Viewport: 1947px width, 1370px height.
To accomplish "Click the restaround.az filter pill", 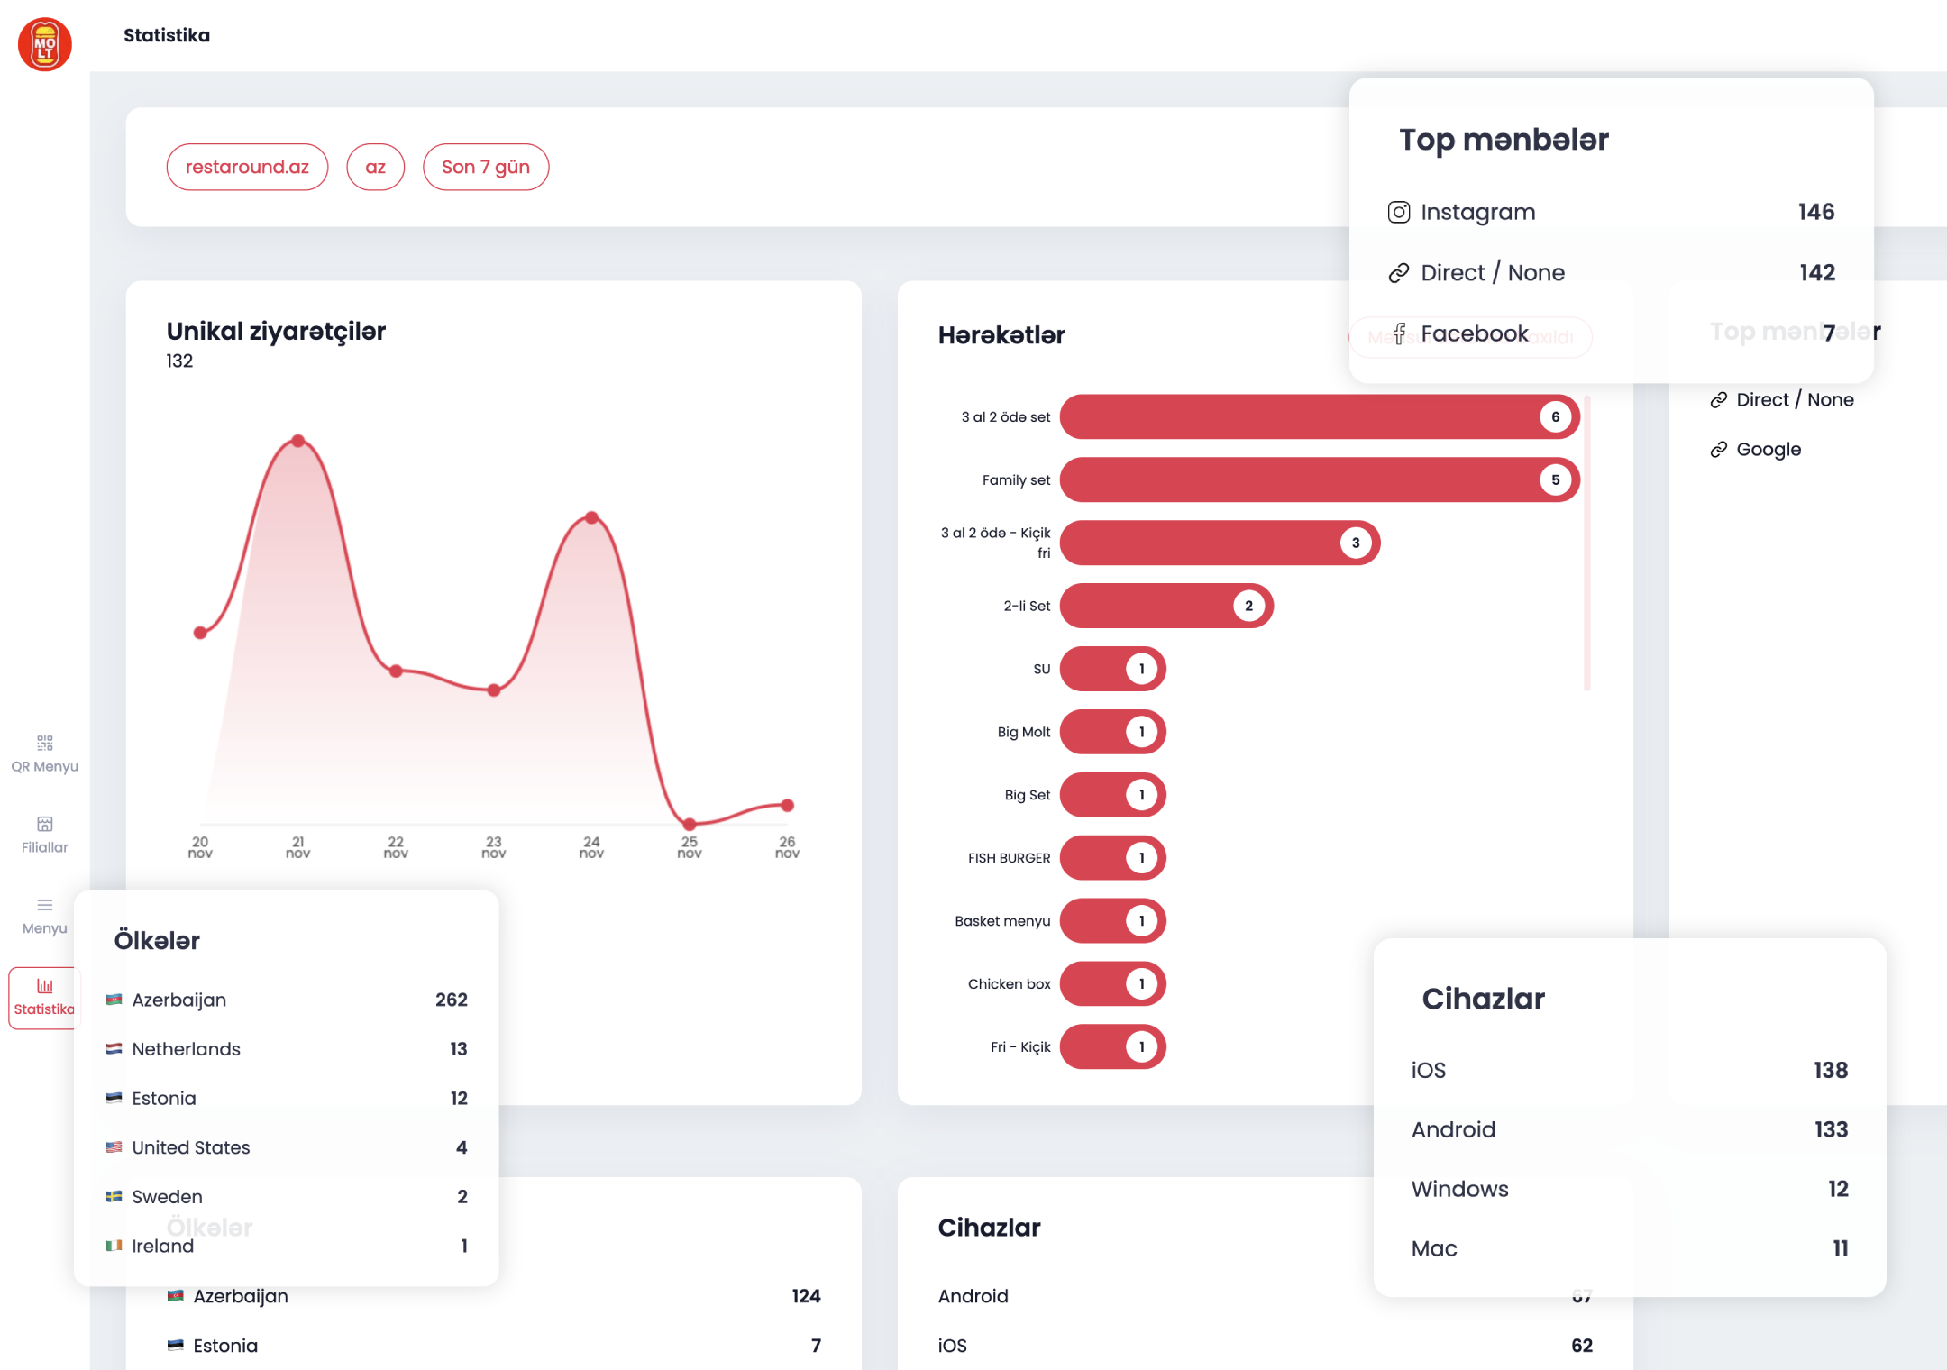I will [247, 167].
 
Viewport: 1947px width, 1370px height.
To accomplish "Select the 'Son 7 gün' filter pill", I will [486, 167].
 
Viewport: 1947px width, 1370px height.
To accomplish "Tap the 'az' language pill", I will [375, 167].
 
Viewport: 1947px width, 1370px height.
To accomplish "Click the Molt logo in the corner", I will [45, 44].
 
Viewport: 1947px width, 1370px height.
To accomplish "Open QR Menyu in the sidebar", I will [44, 753].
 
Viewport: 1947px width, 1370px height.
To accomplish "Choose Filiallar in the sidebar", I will [44, 835].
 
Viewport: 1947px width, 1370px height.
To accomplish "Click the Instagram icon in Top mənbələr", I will [1399, 212].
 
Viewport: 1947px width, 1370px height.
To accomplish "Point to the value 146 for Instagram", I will [1815, 212].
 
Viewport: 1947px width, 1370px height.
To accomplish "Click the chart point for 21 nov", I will [298, 441].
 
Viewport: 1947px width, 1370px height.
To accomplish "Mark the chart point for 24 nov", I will [591, 517].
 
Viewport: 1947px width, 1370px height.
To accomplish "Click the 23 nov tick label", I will [494, 847].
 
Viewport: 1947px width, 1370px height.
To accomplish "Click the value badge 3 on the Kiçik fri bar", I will [1356, 543].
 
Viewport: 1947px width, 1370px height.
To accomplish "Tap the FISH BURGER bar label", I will [1009, 858].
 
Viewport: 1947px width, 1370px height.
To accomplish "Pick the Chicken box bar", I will [1112, 984].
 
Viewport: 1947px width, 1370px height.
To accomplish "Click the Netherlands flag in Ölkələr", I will [114, 1049].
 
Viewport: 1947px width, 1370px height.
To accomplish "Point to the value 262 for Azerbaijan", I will [451, 1000].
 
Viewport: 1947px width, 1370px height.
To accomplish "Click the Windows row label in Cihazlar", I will [1459, 1189].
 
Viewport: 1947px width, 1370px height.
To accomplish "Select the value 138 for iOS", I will [1830, 1070].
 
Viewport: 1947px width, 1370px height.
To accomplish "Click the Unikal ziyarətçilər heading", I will [276, 331].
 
